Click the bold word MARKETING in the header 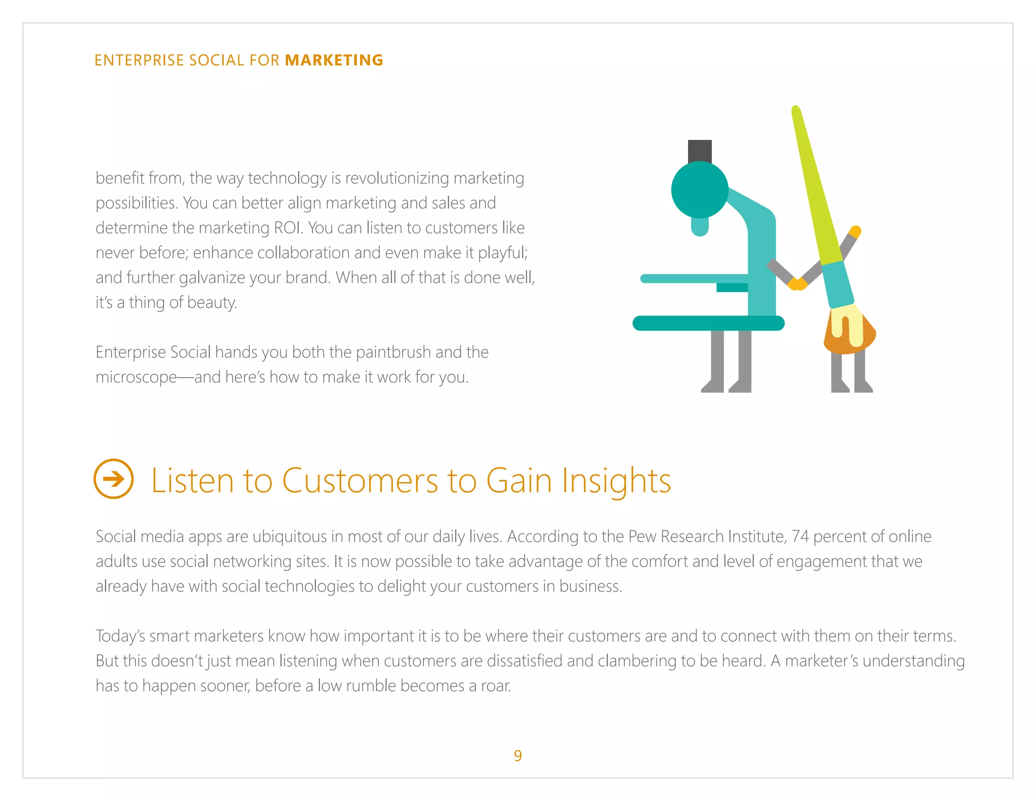point(334,60)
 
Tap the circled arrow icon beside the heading point(114,479)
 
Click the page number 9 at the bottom point(517,755)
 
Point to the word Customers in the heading point(360,480)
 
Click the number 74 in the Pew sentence point(800,536)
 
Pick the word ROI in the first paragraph point(288,228)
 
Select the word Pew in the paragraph point(642,536)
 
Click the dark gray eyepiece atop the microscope point(700,151)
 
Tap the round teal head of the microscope point(700,190)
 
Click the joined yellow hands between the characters point(797,284)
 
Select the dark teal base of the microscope point(708,323)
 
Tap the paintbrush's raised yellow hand point(855,231)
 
